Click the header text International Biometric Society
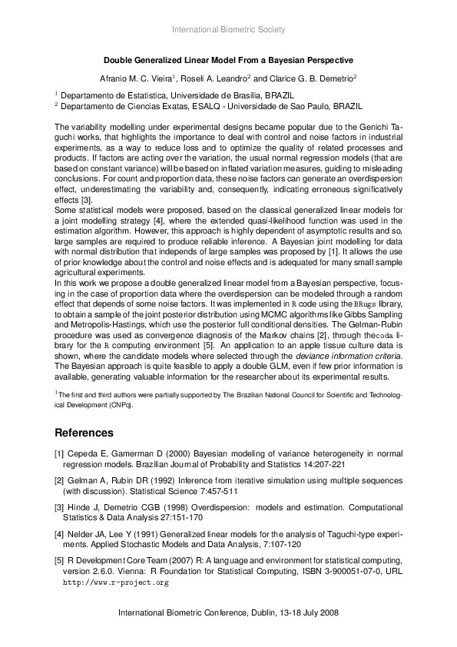pyautogui.click(x=228, y=30)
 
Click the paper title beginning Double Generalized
pyautogui.click(x=228, y=59)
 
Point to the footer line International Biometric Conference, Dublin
pyautogui.click(x=228, y=614)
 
